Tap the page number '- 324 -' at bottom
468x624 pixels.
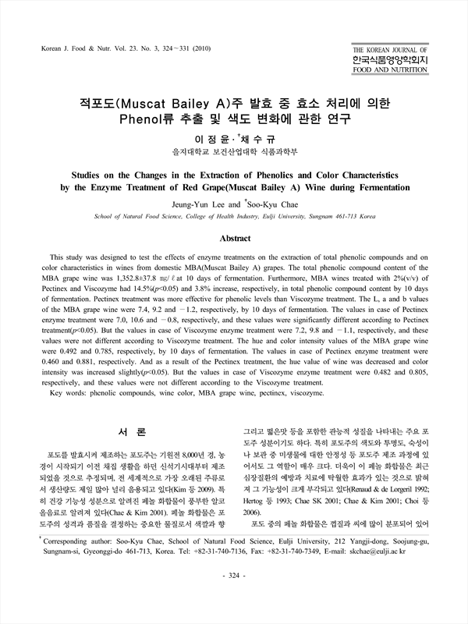click(234, 598)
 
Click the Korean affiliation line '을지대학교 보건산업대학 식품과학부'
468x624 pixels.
click(234, 150)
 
